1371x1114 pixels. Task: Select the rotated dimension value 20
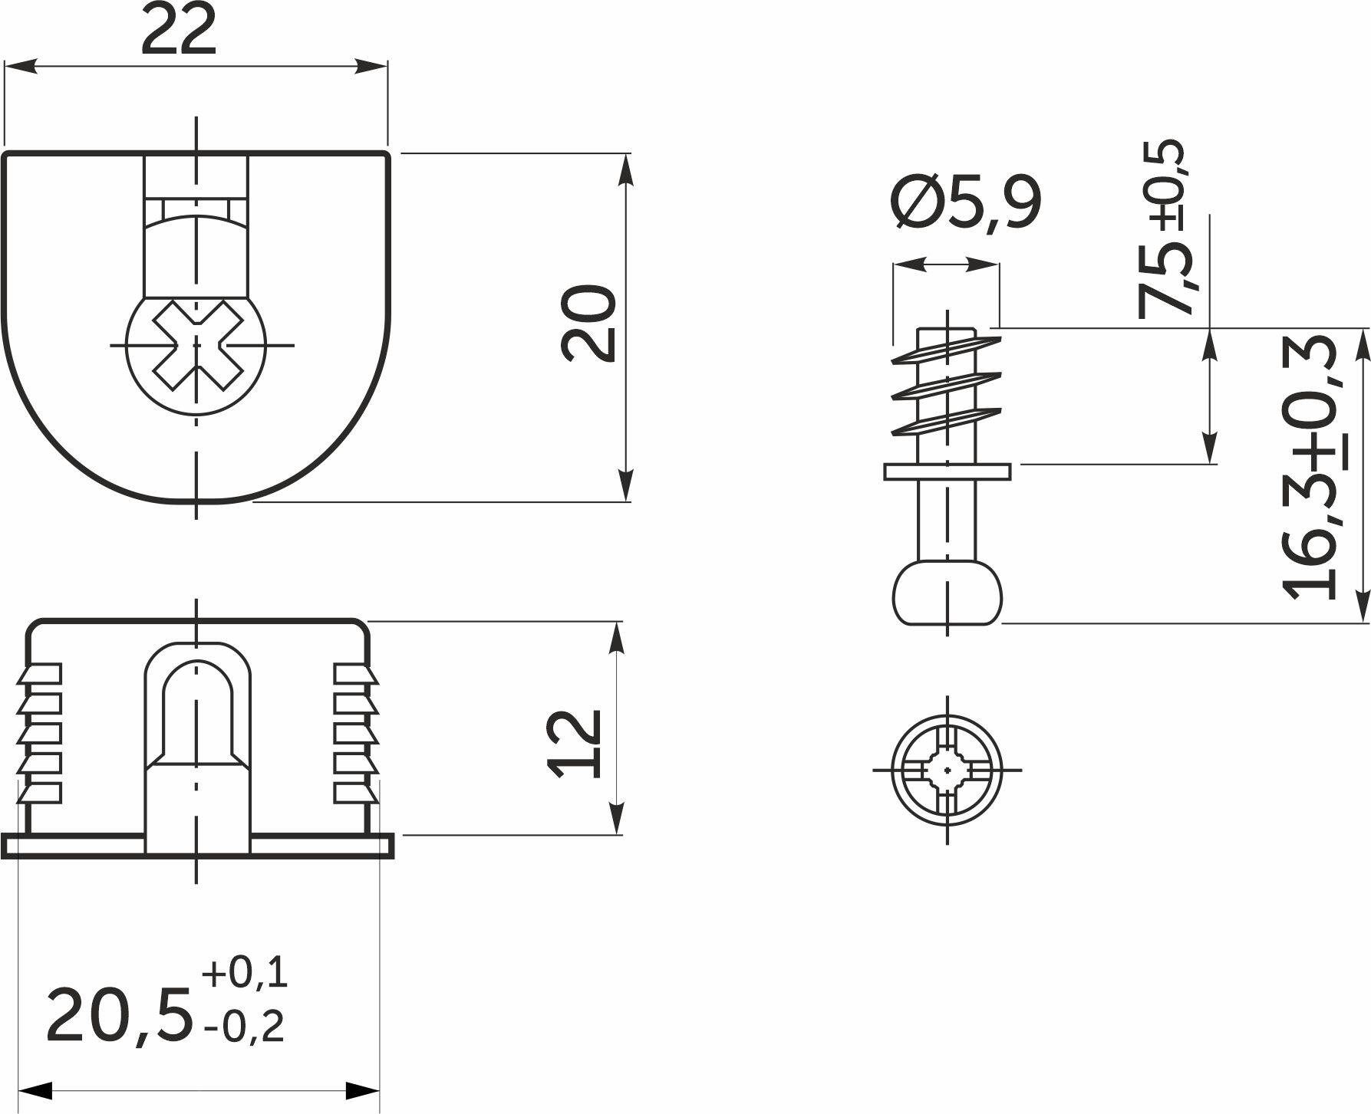coord(589,323)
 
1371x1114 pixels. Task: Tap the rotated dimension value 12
coord(575,743)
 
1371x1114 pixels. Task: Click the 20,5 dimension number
coord(119,1016)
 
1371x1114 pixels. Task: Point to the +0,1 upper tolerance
coord(245,973)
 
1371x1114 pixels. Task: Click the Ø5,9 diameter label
coord(966,202)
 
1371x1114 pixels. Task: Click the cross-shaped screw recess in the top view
coord(197,346)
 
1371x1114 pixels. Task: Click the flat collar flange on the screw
coord(948,472)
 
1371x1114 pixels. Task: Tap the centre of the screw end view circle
coord(948,769)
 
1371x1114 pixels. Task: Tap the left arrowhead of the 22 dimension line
coord(18,67)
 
